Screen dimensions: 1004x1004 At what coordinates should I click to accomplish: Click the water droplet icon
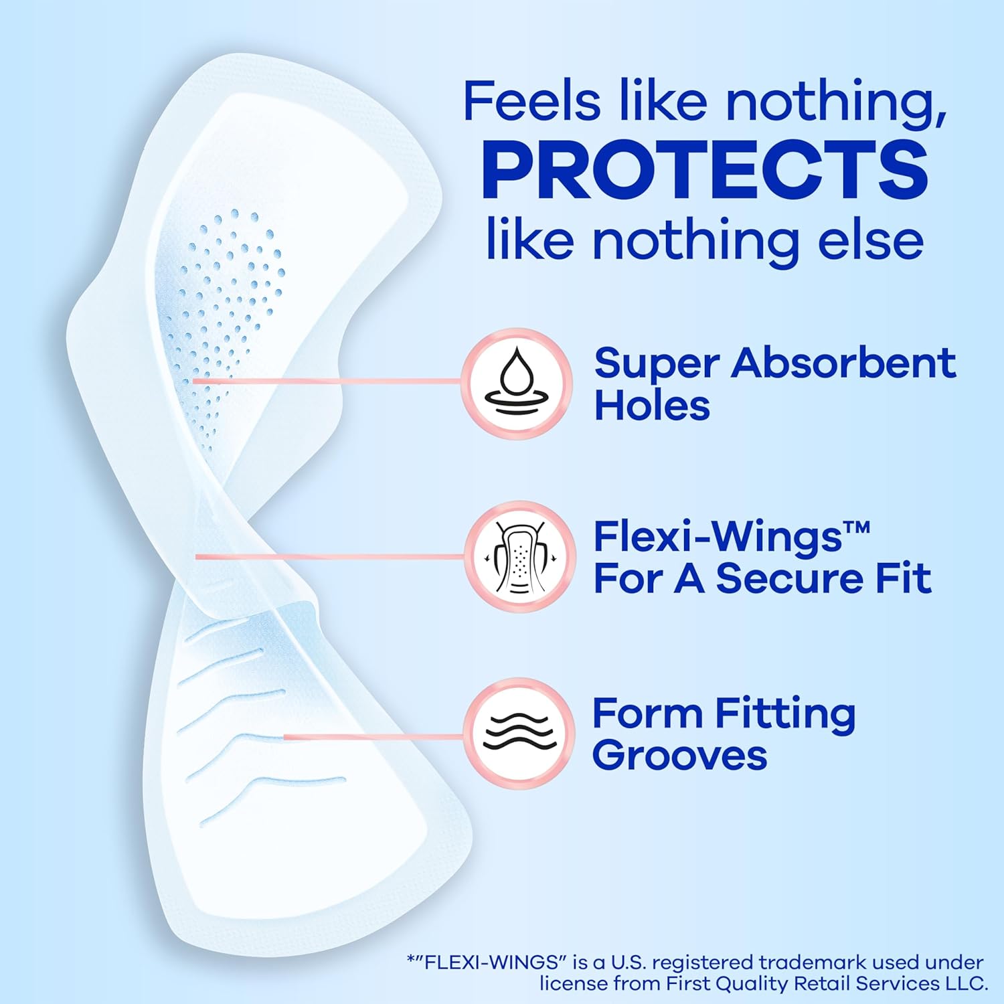coord(516,384)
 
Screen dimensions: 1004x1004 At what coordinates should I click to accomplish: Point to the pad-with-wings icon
coord(519,558)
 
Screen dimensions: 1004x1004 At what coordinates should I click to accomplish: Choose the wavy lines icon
coord(519,732)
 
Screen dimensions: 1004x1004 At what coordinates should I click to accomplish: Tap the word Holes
coord(652,406)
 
